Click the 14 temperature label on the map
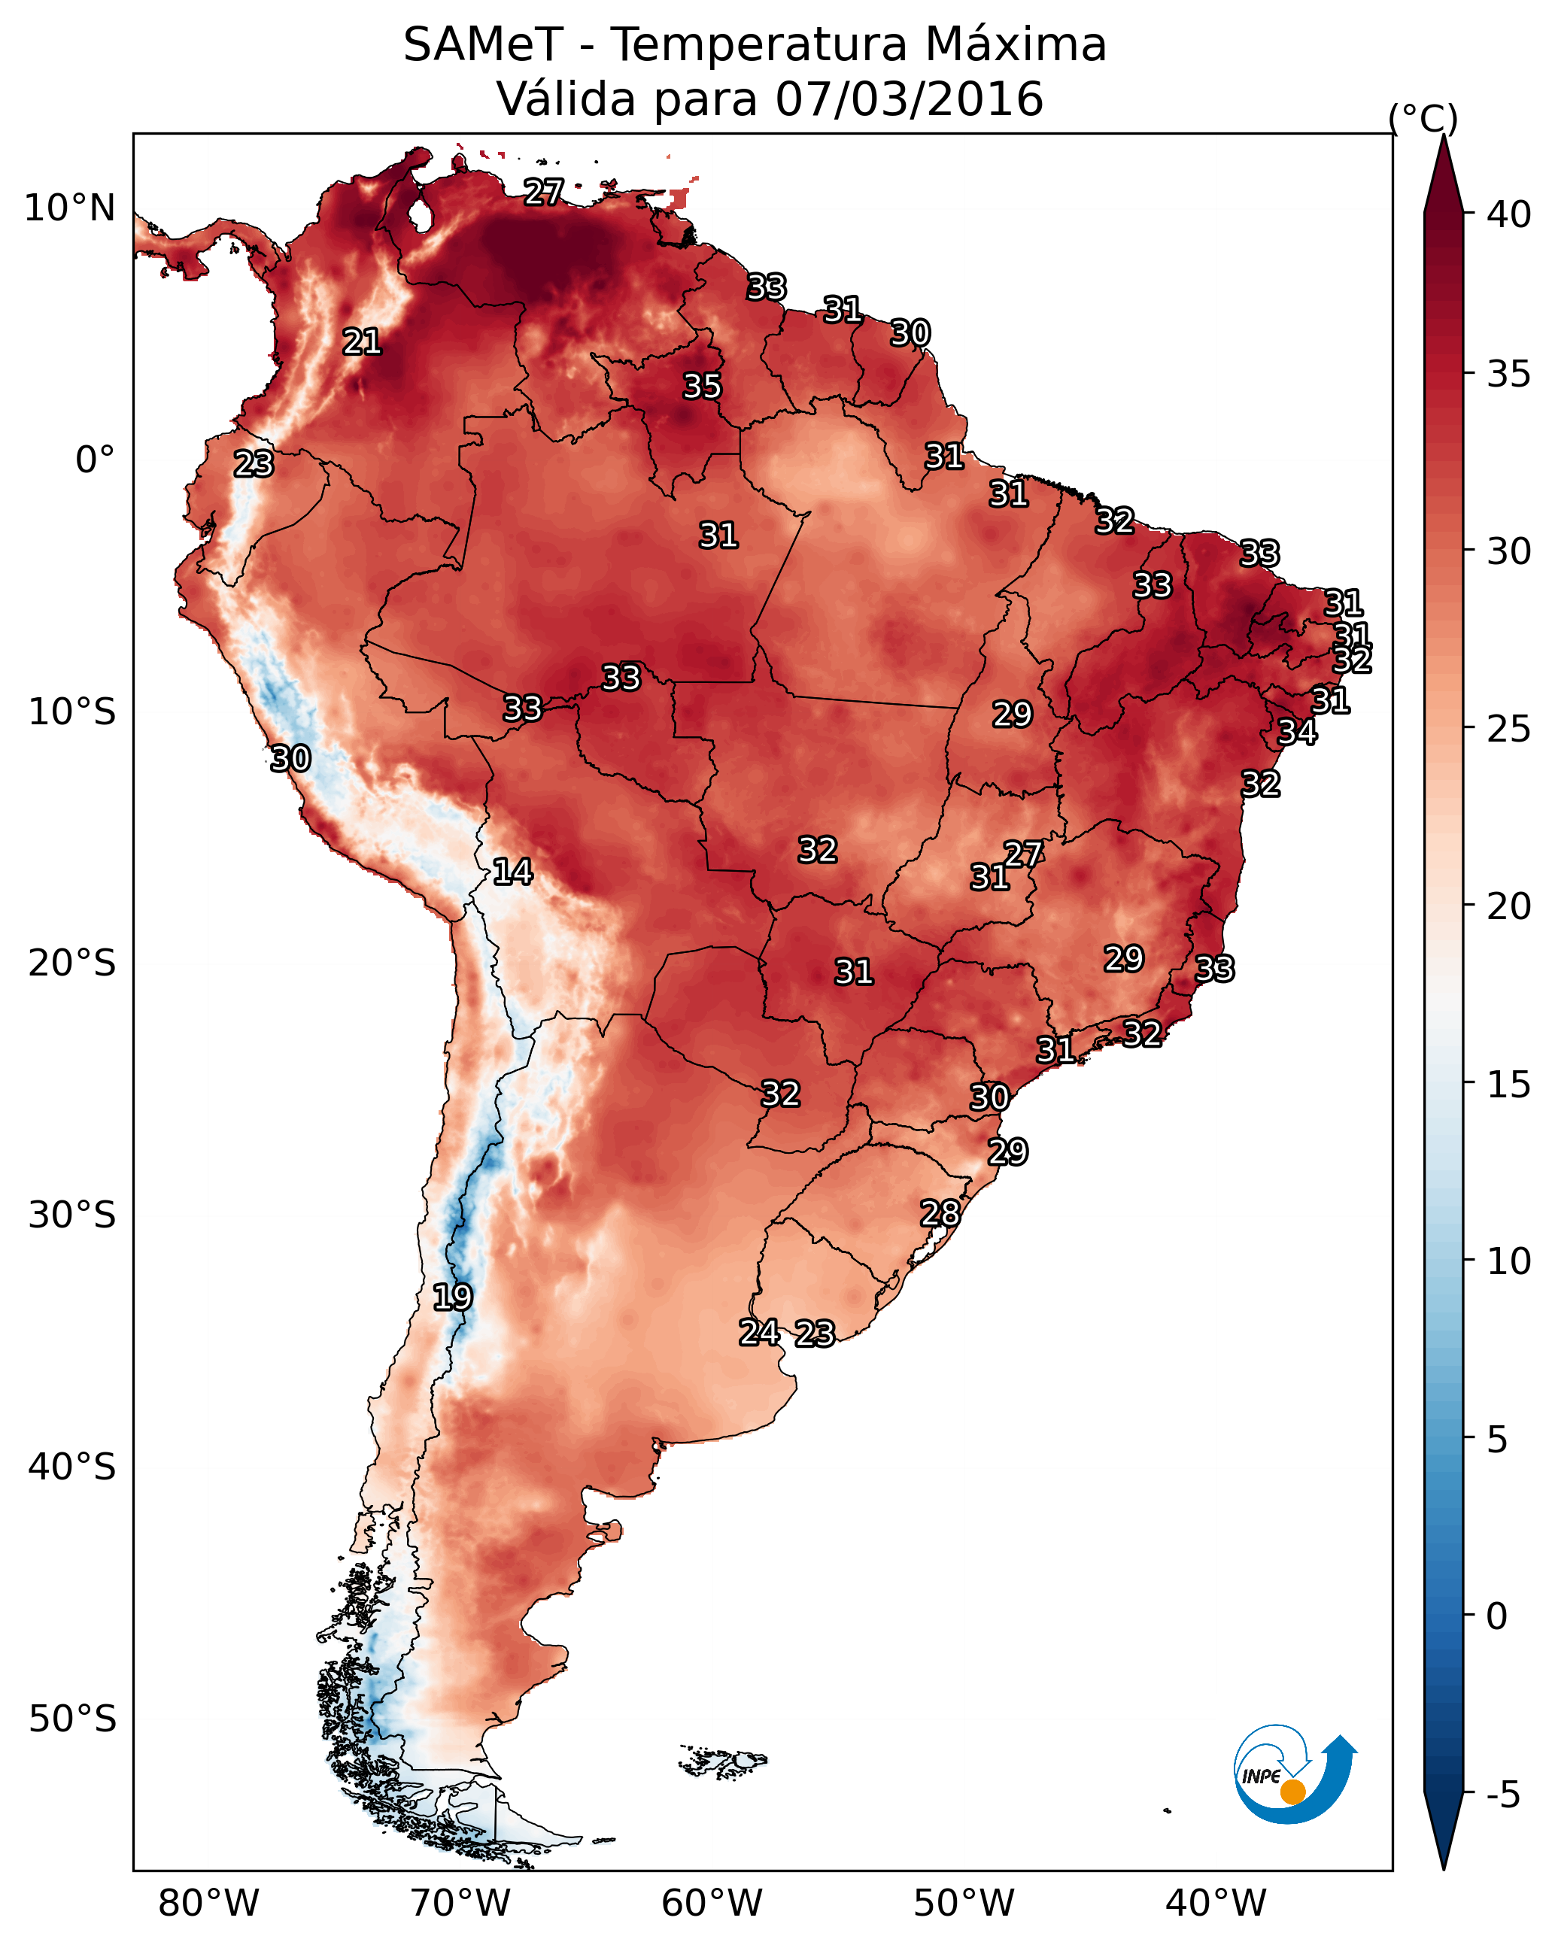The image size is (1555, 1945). point(512,872)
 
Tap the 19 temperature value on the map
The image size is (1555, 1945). point(452,1297)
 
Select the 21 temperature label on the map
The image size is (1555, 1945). point(362,342)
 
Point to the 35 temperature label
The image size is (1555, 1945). point(702,386)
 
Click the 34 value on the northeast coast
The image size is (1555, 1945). point(1297,732)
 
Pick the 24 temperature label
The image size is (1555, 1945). point(759,1333)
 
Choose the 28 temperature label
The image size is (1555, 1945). point(940,1213)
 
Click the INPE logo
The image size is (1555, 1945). point(1295,1774)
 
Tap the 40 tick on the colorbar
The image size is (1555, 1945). point(1509,214)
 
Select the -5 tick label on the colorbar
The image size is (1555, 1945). point(1502,1795)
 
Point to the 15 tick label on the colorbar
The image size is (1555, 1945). point(1509,1085)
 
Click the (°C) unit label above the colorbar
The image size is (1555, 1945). point(1423,118)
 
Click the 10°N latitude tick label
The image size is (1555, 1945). point(69,208)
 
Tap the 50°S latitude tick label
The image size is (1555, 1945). point(72,1719)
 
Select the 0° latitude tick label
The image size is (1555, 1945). point(96,460)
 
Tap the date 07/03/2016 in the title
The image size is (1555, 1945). point(909,99)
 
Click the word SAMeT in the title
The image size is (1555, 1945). point(483,45)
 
